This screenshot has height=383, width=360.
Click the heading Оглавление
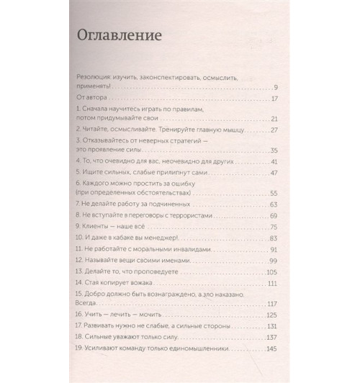(120, 35)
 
